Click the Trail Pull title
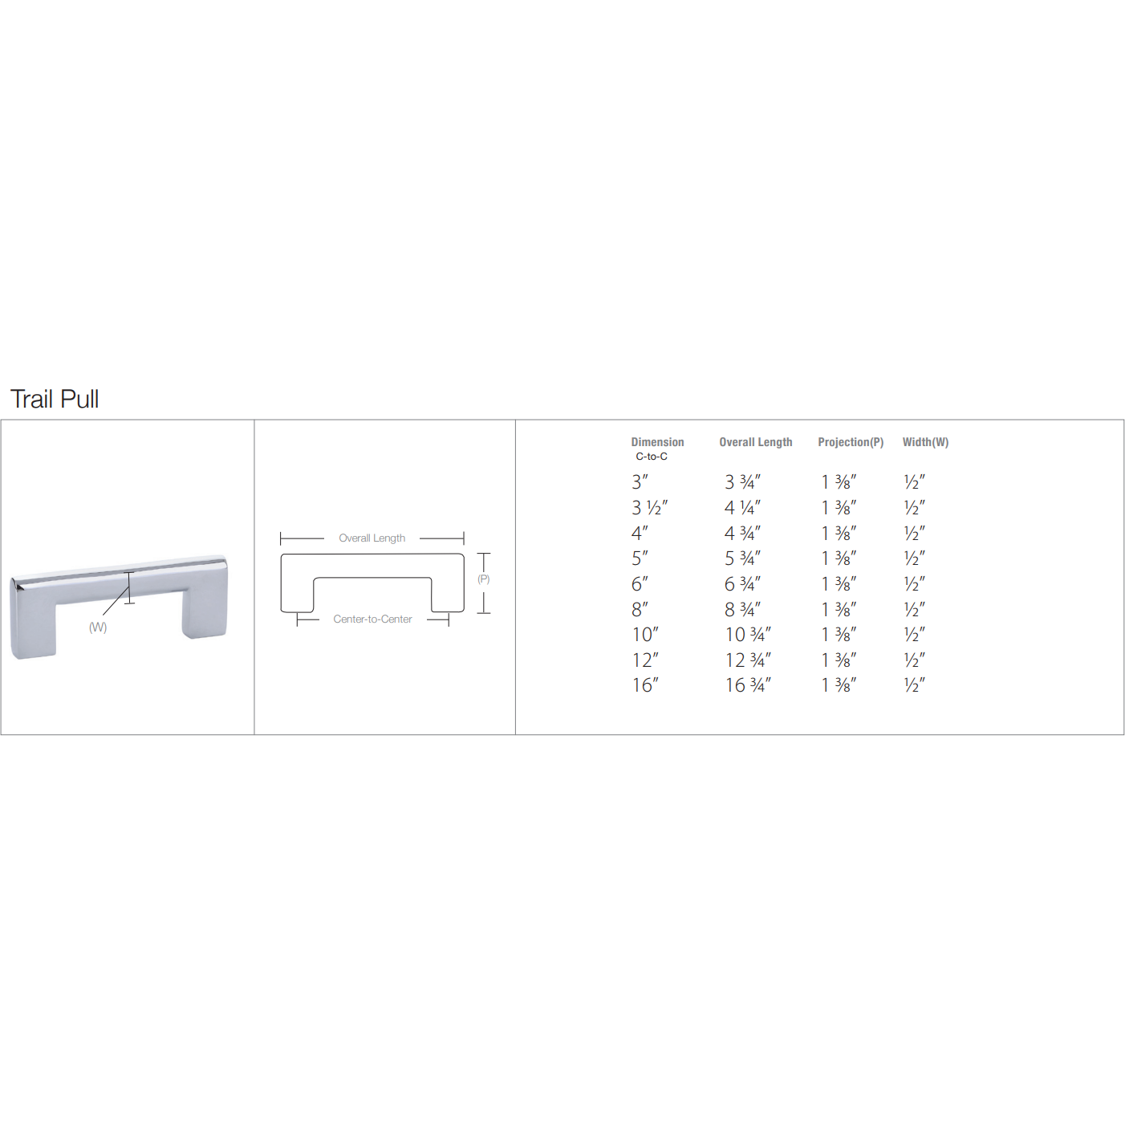(x=55, y=400)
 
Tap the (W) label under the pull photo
(x=98, y=627)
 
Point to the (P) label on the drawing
(x=483, y=579)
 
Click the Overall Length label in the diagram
(x=372, y=538)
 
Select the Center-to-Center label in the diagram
(x=372, y=619)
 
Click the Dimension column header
(x=657, y=442)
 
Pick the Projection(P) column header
(x=851, y=442)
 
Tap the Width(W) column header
(x=925, y=442)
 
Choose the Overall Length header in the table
(x=755, y=442)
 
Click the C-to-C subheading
(x=652, y=457)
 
